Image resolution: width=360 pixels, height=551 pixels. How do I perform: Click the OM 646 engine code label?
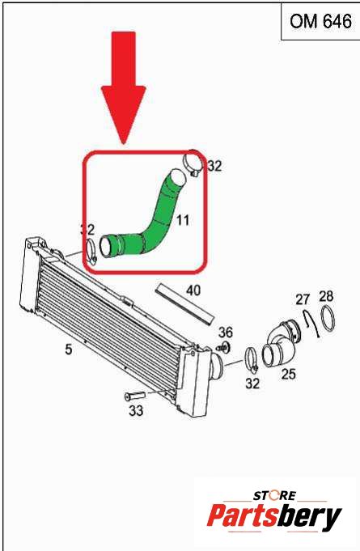[320, 22]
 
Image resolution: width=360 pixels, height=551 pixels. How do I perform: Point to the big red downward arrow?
[123, 88]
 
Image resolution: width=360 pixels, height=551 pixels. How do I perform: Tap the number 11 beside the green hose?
[183, 220]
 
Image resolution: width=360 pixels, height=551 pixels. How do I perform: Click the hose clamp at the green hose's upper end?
[193, 162]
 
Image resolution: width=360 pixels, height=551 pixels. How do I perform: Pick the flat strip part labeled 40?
[184, 305]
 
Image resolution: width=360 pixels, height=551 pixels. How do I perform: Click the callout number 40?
[193, 290]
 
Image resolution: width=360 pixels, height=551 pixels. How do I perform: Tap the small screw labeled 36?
[223, 348]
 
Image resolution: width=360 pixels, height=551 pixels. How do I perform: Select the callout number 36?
[226, 332]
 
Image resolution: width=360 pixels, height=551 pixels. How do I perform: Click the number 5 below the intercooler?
[69, 350]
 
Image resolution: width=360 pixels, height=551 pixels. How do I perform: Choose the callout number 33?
[136, 410]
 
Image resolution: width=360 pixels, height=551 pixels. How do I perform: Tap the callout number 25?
[288, 374]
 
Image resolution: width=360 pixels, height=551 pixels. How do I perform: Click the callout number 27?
[303, 299]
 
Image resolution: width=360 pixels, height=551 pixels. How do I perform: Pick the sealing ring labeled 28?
[328, 318]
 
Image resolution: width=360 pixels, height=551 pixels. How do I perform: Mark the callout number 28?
[326, 296]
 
